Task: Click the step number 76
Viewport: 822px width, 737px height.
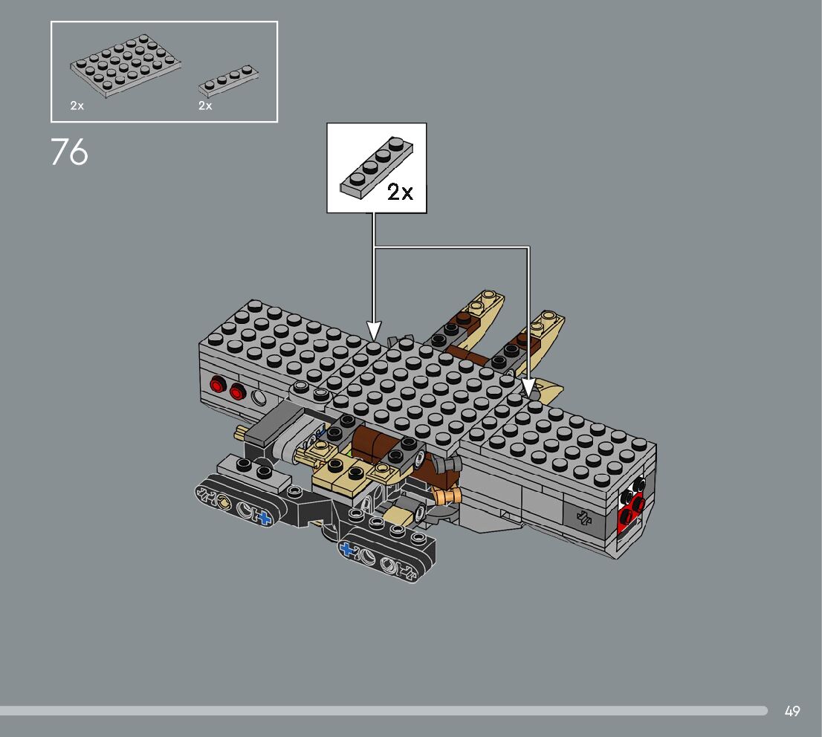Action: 70,152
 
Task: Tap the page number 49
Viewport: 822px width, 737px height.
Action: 792,711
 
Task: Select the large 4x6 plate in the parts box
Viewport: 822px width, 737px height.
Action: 126,66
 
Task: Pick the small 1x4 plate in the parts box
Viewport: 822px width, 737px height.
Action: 229,81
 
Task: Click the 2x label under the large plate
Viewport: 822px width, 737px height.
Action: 77,106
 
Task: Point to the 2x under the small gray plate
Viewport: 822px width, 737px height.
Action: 205,106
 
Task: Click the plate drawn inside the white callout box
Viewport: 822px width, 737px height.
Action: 376,168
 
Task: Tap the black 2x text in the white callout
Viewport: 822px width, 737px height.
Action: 400,192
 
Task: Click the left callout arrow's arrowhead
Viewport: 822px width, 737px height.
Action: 373,331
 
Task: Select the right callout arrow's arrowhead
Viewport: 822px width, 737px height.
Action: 529,388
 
